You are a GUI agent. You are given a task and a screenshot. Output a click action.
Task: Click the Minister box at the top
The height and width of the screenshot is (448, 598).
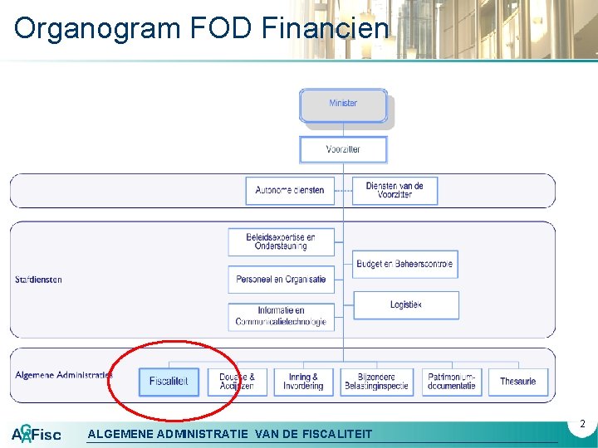point(343,105)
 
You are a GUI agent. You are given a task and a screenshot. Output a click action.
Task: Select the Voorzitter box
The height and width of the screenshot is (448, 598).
point(343,149)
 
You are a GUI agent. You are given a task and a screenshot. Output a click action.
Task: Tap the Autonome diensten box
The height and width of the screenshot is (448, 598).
point(290,191)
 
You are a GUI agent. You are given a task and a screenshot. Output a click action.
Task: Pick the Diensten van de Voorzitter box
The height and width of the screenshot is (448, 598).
point(395,191)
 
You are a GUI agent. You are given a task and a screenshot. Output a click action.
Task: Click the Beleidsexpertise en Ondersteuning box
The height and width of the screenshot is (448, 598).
point(281,241)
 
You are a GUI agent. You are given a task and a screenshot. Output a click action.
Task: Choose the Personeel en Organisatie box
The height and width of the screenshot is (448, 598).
point(281,280)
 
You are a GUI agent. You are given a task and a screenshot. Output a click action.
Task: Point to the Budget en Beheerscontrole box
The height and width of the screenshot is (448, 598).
point(405,265)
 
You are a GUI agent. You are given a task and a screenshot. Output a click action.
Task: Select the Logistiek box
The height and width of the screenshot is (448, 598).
point(405,305)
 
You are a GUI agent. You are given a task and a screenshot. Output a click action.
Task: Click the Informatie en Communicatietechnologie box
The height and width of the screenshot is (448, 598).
point(281,316)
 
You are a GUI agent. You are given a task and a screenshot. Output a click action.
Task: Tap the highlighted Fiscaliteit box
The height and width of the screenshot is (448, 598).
point(169,382)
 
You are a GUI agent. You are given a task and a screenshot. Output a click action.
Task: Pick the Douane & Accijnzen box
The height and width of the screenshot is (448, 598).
point(237,382)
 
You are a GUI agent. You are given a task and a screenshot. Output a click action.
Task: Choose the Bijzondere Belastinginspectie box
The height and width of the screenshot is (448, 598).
point(375,382)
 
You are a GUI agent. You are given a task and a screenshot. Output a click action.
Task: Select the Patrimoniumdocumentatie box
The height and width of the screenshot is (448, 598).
point(452,382)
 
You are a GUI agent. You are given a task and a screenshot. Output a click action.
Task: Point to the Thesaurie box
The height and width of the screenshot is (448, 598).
point(518,382)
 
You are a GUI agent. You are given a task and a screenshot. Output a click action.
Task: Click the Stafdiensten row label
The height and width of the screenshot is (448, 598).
point(38,280)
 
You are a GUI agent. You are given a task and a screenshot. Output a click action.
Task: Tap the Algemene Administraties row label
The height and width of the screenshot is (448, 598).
point(63,376)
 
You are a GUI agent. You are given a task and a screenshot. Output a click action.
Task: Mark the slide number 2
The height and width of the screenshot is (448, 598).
point(583,424)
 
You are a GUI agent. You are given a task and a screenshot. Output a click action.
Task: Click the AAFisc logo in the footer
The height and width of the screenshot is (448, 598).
point(36,434)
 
